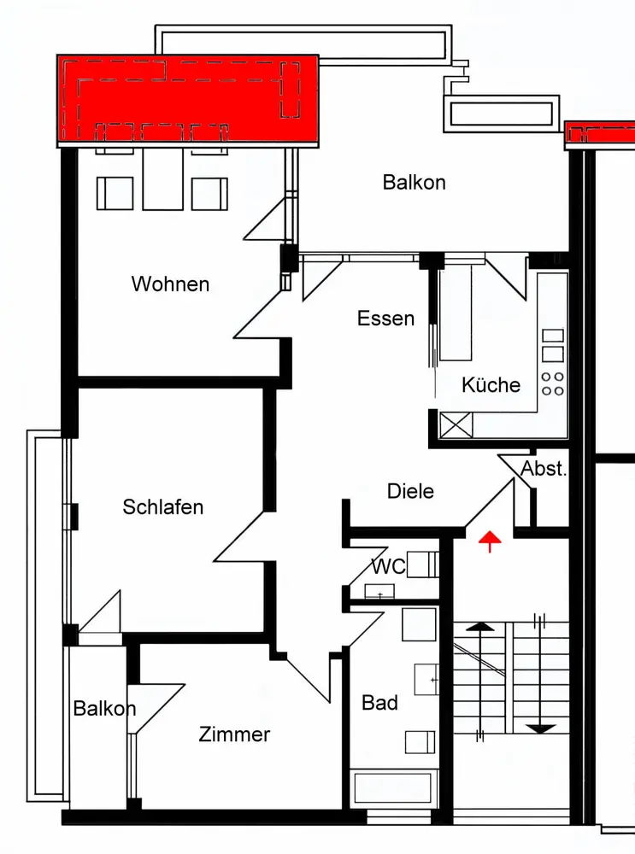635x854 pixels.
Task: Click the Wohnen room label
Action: [x=171, y=284]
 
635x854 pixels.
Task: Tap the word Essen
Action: [x=386, y=318]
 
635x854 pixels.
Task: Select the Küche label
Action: [x=491, y=384]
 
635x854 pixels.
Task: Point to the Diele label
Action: [x=410, y=491]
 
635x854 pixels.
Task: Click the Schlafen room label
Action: [x=163, y=507]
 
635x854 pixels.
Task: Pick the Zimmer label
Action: [x=234, y=734]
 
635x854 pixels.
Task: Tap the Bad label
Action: [x=380, y=703]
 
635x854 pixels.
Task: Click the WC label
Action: [x=389, y=566]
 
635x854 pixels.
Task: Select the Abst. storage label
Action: [x=544, y=468]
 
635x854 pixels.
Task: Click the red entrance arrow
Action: [x=490, y=541]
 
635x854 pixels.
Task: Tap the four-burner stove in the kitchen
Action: [x=553, y=383]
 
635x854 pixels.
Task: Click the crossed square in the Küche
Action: [x=456, y=424]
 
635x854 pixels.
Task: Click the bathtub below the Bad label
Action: [x=393, y=787]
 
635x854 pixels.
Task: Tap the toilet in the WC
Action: [x=422, y=564]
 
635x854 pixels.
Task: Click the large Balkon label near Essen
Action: [x=415, y=183]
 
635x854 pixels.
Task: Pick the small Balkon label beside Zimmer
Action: [x=104, y=709]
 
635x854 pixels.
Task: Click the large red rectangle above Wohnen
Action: [x=188, y=101]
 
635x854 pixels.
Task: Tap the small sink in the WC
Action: [x=380, y=592]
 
